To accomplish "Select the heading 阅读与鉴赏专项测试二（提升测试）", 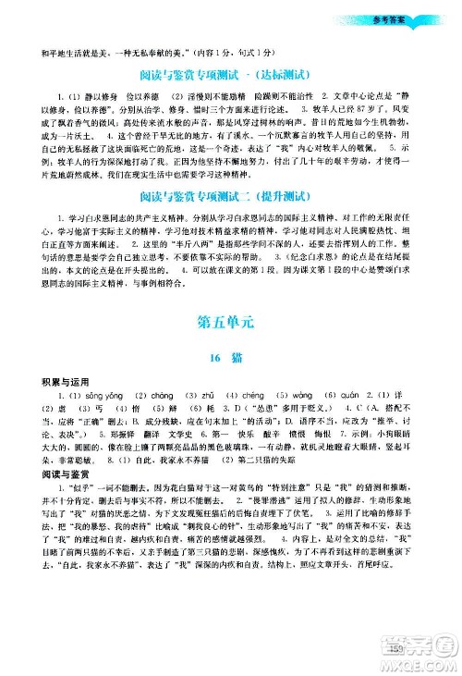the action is (x=231, y=222).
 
